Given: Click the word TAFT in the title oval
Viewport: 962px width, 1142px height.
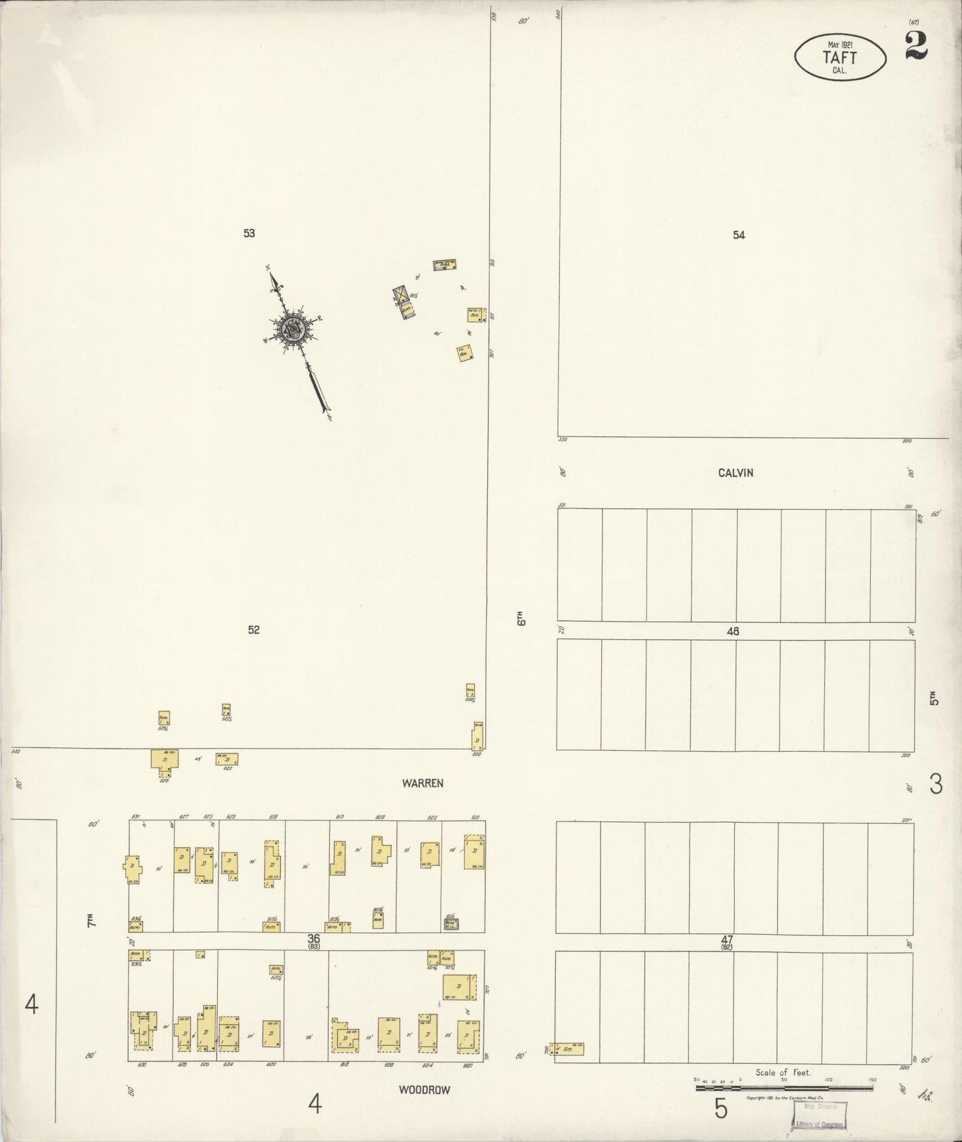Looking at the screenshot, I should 840,57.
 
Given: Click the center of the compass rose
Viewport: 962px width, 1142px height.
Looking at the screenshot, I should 292,326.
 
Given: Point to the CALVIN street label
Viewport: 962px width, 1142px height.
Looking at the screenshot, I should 736,472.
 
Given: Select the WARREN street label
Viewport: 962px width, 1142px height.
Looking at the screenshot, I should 422,783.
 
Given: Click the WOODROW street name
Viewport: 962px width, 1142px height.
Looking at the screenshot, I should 424,1090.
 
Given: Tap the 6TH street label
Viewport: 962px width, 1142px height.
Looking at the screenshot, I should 522,618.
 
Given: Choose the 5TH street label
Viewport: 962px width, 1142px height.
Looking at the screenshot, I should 934,698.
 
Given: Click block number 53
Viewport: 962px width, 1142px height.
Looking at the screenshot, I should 249,233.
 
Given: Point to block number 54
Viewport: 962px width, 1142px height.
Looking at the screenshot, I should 738,235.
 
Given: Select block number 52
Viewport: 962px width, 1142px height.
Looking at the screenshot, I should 254,630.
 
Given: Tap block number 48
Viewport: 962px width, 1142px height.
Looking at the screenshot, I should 733,631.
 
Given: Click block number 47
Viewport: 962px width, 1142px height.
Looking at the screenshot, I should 726,939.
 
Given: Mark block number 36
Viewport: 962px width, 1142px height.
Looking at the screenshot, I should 314,938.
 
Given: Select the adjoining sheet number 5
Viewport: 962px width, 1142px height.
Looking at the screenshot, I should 721,1109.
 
